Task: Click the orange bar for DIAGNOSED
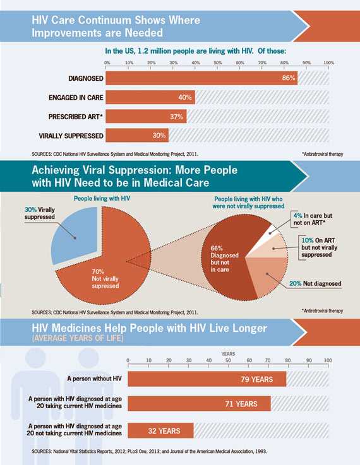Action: coord(196,78)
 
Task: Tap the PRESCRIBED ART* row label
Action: coord(76,117)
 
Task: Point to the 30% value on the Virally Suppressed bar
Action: coord(159,136)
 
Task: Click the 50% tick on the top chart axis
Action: coord(218,63)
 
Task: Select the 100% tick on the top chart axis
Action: coord(328,63)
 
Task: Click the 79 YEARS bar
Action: coord(207,379)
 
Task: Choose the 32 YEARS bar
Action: coord(160,431)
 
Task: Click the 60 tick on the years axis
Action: coord(248,360)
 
